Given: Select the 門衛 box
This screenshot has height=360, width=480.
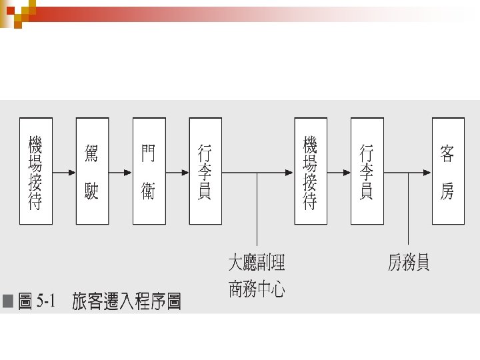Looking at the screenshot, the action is point(149,171).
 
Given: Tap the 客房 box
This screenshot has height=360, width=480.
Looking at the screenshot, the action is point(447,171).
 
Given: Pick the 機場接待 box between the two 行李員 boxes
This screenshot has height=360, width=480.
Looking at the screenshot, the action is point(310,171).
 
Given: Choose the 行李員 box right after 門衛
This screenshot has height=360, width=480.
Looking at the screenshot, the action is point(205,171).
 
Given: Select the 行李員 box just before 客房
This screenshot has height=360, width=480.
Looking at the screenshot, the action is point(367,171).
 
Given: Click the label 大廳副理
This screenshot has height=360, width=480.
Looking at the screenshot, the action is point(257,263).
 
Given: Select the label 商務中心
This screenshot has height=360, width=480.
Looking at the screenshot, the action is point(257,290).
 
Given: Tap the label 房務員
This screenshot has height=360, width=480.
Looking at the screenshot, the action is point(409,263).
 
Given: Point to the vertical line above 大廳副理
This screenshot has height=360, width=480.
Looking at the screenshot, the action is point(257,210).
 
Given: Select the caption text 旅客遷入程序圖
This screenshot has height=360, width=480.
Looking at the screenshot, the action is point(127,302).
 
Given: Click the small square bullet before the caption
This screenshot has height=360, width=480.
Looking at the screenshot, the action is point(8,302).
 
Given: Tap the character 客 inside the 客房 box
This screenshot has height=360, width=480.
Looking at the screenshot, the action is point(447,155).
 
